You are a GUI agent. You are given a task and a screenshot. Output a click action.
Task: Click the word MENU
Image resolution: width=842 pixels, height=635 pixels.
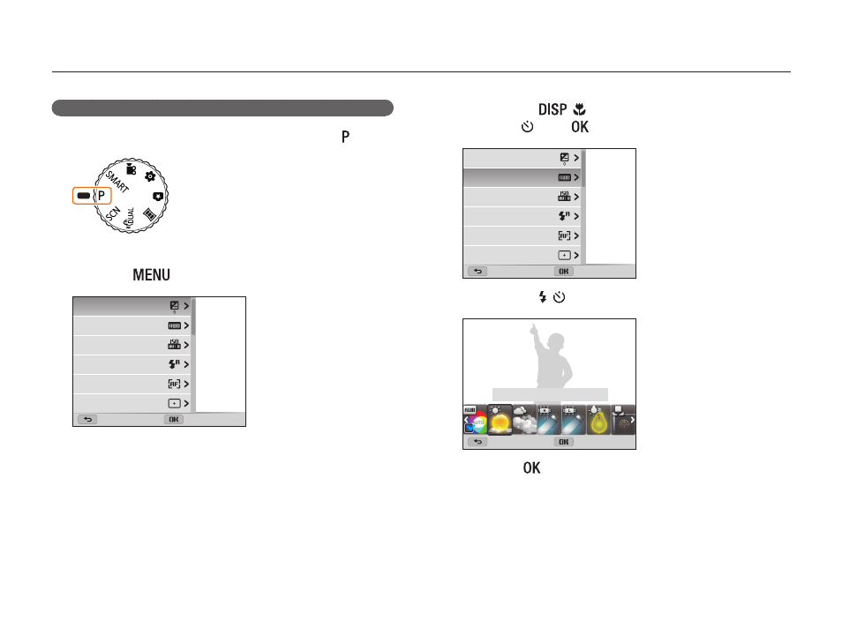[x=152, y=275]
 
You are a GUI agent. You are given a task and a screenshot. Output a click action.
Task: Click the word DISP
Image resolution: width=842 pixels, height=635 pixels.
[x=553, y=109]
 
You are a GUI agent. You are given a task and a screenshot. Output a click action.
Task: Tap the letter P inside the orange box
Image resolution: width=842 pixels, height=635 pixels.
[x=101, y=196]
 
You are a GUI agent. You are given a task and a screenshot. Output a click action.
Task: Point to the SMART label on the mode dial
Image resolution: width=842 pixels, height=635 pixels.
[x=117, y=182]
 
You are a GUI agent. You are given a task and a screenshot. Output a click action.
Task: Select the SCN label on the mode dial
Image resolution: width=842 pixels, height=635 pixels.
[x=113, y=213]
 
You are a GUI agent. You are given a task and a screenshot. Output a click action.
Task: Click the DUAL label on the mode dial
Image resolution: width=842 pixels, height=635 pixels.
[x=130, y=218]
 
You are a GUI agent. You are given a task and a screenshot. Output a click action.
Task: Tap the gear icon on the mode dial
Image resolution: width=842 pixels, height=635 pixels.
[x=150, y=176]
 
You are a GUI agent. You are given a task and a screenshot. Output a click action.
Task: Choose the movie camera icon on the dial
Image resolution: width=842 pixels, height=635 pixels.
[x=131, y=169]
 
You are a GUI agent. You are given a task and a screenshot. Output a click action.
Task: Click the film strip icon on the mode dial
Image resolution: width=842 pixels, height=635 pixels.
[x=150, y=214]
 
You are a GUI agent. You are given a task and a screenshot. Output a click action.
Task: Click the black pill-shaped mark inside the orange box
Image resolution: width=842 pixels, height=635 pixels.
[x=83, y=196]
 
